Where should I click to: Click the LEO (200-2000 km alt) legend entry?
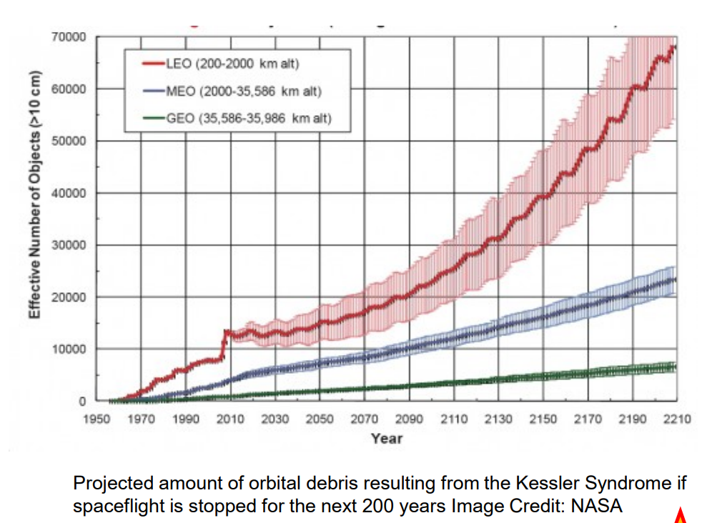pyautogui.click(x=232, y=64)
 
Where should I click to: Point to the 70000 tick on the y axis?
pyautogui.click(x=69, y=36)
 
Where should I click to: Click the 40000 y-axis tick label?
pyautogui.click(x=69, y=193)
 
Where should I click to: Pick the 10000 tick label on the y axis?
pyautogui.click(x=69, y=349)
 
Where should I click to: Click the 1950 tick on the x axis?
pyautogui.click(x=95, y=419)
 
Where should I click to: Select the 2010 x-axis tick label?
pyautogui.click(x=229, y=419)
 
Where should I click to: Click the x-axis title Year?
pyautogui.click(x=386, y=438)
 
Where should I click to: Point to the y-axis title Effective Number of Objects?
pyautogui.click(x=34, y=214)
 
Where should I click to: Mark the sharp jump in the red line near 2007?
pyautogui.click(x=225, y=343)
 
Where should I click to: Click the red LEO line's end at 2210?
pyautogui.click(x=675, y=48)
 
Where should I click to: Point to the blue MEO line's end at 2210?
pyautogui.click(x=675, y=279)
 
